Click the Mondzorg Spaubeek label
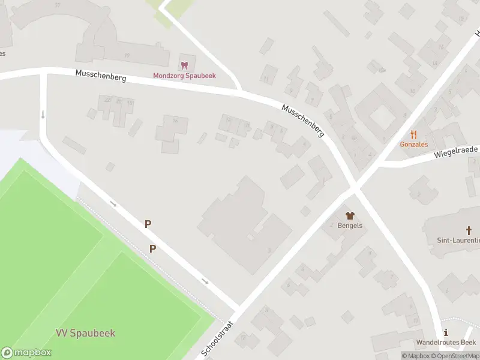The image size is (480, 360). [x=184, y=76]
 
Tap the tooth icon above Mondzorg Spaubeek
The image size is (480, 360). [x=184, y=65]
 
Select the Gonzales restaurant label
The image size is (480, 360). [x=413, y=145]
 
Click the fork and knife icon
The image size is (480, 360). [x=413, y=134]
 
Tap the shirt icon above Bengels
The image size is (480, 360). [x=349, y=215]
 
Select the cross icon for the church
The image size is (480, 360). [x=469, y=230]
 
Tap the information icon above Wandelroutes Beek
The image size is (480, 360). [x=445, y=332]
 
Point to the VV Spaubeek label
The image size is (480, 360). [x=85, y=333]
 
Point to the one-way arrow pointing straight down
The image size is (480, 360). [x=43, y=114]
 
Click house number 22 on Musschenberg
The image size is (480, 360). [x=108, y=100]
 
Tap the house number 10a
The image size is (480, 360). [x=382, y=70]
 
